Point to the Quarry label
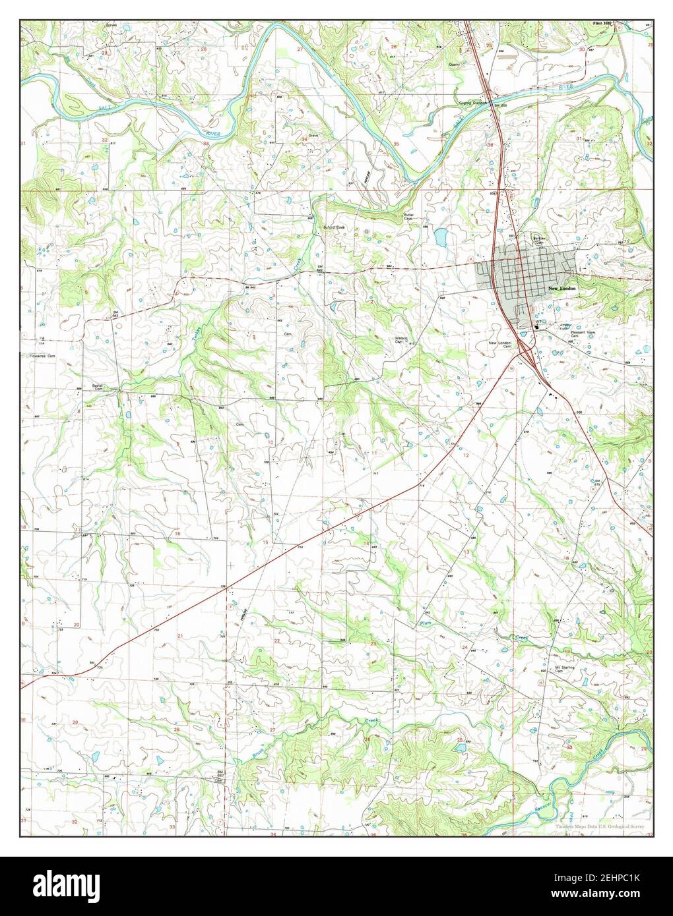[x=454, y=65]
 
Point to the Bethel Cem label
[x=100, y=387]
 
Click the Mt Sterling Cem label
[x=565, y=668]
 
